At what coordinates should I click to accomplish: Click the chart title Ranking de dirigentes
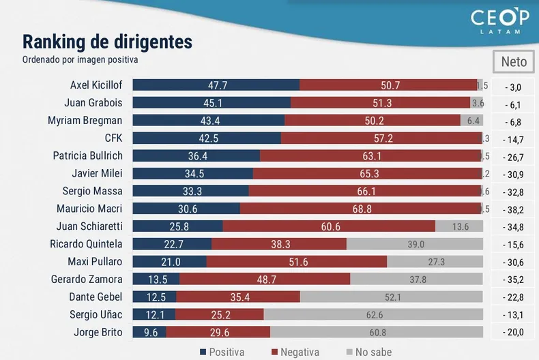click(x=108, y=42)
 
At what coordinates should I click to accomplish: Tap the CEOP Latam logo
click(x=500, y=22)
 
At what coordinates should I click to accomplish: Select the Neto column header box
click(x=513, y=61)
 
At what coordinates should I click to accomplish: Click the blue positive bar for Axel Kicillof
click(x=216, y=85)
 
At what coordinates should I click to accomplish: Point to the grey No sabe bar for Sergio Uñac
click(x=373, y=314)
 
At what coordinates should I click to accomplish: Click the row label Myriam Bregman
click(x=85, y=121)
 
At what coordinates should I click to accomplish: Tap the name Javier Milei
click(x=97, y=173)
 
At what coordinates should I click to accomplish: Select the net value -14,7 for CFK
click(x=513, y=139)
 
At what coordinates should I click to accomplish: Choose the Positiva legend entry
click(x=222, y=352)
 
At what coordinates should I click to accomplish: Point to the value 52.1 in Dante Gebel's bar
click(x=392, y=297)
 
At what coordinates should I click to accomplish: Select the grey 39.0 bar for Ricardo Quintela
click(x=416, y=244)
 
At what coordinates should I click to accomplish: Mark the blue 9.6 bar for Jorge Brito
click(x=149, y=332)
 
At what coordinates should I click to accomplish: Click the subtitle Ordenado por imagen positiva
click(x=80, y=59)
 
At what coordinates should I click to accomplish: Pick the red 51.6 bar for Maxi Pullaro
click(x=297, y=262)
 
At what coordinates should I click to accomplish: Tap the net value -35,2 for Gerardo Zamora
click(x=513, y=280)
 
